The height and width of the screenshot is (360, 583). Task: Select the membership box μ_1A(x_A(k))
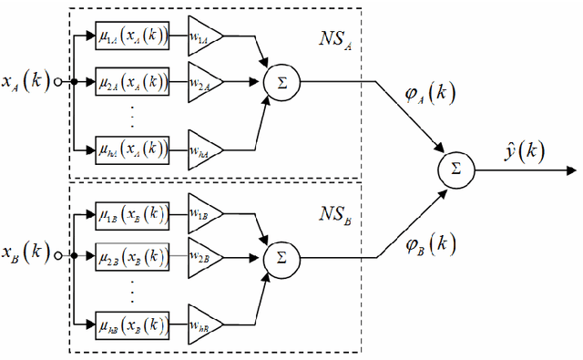(x=132, y=36)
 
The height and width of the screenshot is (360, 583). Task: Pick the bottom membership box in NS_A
(x=132, y=147)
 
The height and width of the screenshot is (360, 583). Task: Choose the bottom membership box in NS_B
(x=132, y=323)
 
